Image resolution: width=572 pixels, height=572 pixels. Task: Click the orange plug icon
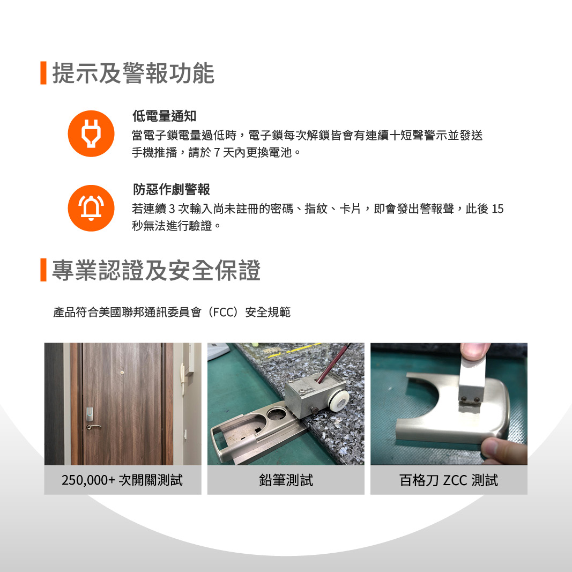(91, 133)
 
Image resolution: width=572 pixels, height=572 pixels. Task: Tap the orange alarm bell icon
(91, 208)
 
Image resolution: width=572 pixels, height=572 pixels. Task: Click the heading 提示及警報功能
(133, 73)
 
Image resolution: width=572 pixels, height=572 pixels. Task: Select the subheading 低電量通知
(164, 116)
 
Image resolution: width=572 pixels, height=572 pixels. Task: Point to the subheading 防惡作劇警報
(171, 189)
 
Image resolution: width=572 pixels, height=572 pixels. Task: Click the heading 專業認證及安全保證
(156, 270)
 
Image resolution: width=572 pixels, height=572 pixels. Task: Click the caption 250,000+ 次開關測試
(122, 480)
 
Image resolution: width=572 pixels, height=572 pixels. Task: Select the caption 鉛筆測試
(286, 480)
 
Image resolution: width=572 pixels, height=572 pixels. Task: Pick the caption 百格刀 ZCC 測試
(449, 480)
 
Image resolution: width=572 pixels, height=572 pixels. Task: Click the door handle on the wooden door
(93, 427)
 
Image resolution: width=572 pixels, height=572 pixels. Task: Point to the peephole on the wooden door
(122, 373)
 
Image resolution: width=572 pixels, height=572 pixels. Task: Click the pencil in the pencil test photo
(333, 363)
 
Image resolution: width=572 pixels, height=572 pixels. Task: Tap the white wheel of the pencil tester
(339, 399)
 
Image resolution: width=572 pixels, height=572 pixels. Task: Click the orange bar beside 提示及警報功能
(43, 73)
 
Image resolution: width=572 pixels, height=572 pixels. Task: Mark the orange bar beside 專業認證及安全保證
(43, 270)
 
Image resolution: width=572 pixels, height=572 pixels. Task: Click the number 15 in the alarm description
(497, 209)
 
